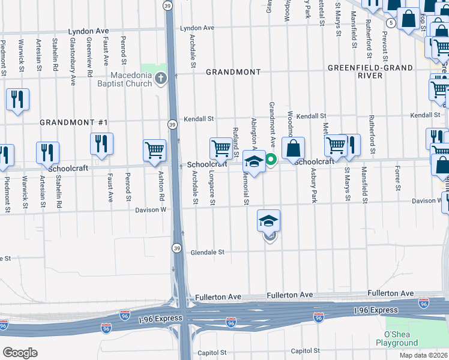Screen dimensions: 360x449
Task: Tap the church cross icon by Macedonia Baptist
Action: [160, 78]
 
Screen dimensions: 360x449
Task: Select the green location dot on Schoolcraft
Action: [271, 159]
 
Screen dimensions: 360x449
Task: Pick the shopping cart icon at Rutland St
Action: [221, 148]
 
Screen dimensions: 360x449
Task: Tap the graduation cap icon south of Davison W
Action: [269, 220]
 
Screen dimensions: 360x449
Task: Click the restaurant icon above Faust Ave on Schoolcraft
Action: [101, 143]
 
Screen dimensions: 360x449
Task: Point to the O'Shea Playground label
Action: [397, 338]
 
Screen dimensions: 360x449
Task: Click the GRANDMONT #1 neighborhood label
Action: [73, 122]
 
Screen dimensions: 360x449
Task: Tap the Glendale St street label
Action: [207, 253]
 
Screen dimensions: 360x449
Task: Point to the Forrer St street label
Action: [397, 179]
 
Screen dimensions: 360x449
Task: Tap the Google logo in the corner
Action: [20, 352]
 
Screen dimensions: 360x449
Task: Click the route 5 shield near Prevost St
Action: [391, 23]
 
